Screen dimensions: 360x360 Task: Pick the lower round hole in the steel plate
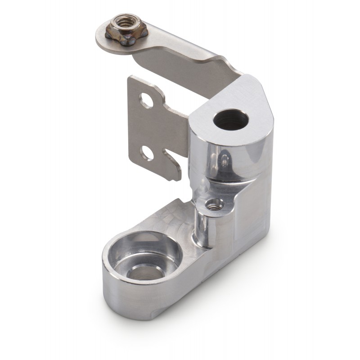pyautogui.click(x=147, y=153)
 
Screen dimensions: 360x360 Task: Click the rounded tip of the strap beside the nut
pyautogui.click(x=101, y=38)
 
